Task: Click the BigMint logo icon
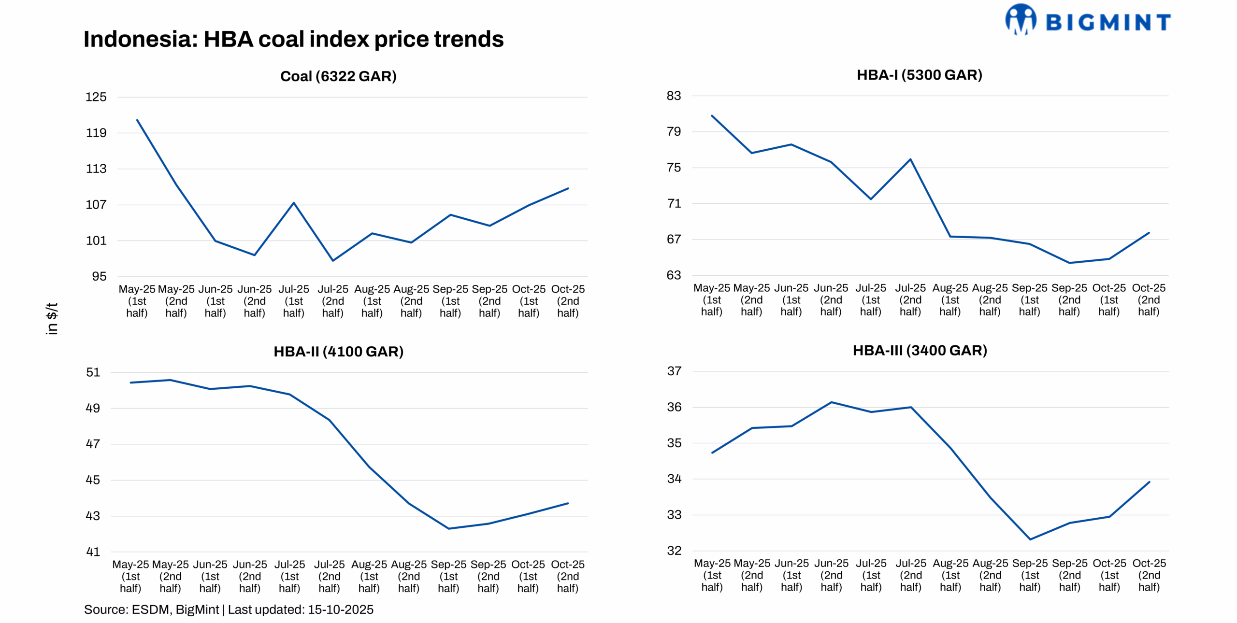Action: [1020, 19]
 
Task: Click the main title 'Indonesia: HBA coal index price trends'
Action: [293, 39]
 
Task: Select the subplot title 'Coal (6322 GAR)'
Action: [338, 76]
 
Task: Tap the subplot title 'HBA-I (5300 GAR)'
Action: [919, 75]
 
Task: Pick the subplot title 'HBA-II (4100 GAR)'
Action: [338, 351]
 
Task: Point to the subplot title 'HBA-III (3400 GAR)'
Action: [920, 350]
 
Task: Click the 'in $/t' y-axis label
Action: [52, 319]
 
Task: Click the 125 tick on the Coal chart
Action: [96, 97]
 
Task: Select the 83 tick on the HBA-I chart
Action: [674, 96]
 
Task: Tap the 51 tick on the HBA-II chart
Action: [93, 372]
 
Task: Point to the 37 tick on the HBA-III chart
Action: [674, 371]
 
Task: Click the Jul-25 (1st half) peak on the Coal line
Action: [294, 203]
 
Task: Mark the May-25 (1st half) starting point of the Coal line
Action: [137, 120]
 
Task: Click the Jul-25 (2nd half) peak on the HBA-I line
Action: [910, 159]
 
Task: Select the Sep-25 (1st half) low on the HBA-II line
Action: [448, 528]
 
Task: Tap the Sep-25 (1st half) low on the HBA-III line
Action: [1030, 539]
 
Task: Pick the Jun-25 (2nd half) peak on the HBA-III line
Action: [831, 402]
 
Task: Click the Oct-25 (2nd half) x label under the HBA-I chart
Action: [1149, 299]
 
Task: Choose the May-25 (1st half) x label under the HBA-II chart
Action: [130, 576]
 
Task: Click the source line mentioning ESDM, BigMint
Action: [229, 609]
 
